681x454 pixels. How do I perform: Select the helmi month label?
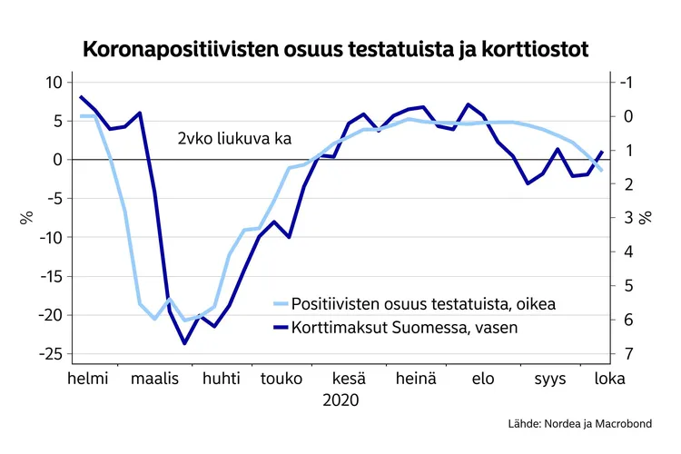88,379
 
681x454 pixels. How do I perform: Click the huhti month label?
221,379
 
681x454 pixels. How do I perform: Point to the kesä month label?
350,379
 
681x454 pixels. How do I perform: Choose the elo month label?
483,379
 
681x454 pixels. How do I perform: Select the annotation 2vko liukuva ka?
233,139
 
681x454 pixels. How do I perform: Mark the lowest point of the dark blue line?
184,343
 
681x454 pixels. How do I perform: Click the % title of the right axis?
646,218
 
